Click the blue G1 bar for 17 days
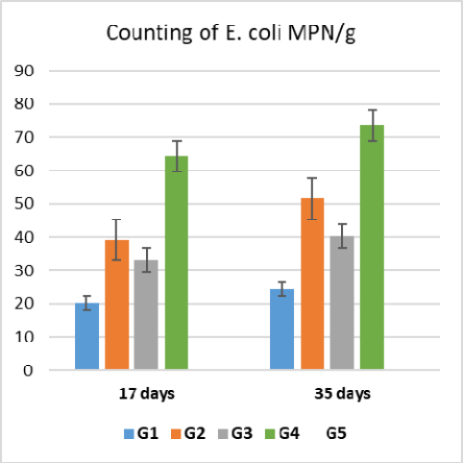point(86,336)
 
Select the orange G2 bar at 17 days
point(117,305)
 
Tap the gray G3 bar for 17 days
point(146,315)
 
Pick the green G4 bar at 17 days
point(177,262)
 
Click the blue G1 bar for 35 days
point(281,329)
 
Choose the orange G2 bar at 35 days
point(312,283)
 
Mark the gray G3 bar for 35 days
point(342,303)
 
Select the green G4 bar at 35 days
point(372,247)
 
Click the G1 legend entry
point(141,433)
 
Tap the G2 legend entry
point(188,433)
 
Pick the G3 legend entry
point(235,433)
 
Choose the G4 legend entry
point(282,433)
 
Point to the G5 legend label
point(336,433)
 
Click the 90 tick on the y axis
point(24,71)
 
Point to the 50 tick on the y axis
point(24,204)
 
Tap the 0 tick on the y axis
point(28,371)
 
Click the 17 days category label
point(147,394)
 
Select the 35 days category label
point(342,394)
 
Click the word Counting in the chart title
point(150,34)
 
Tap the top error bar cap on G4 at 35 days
point(372,110)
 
